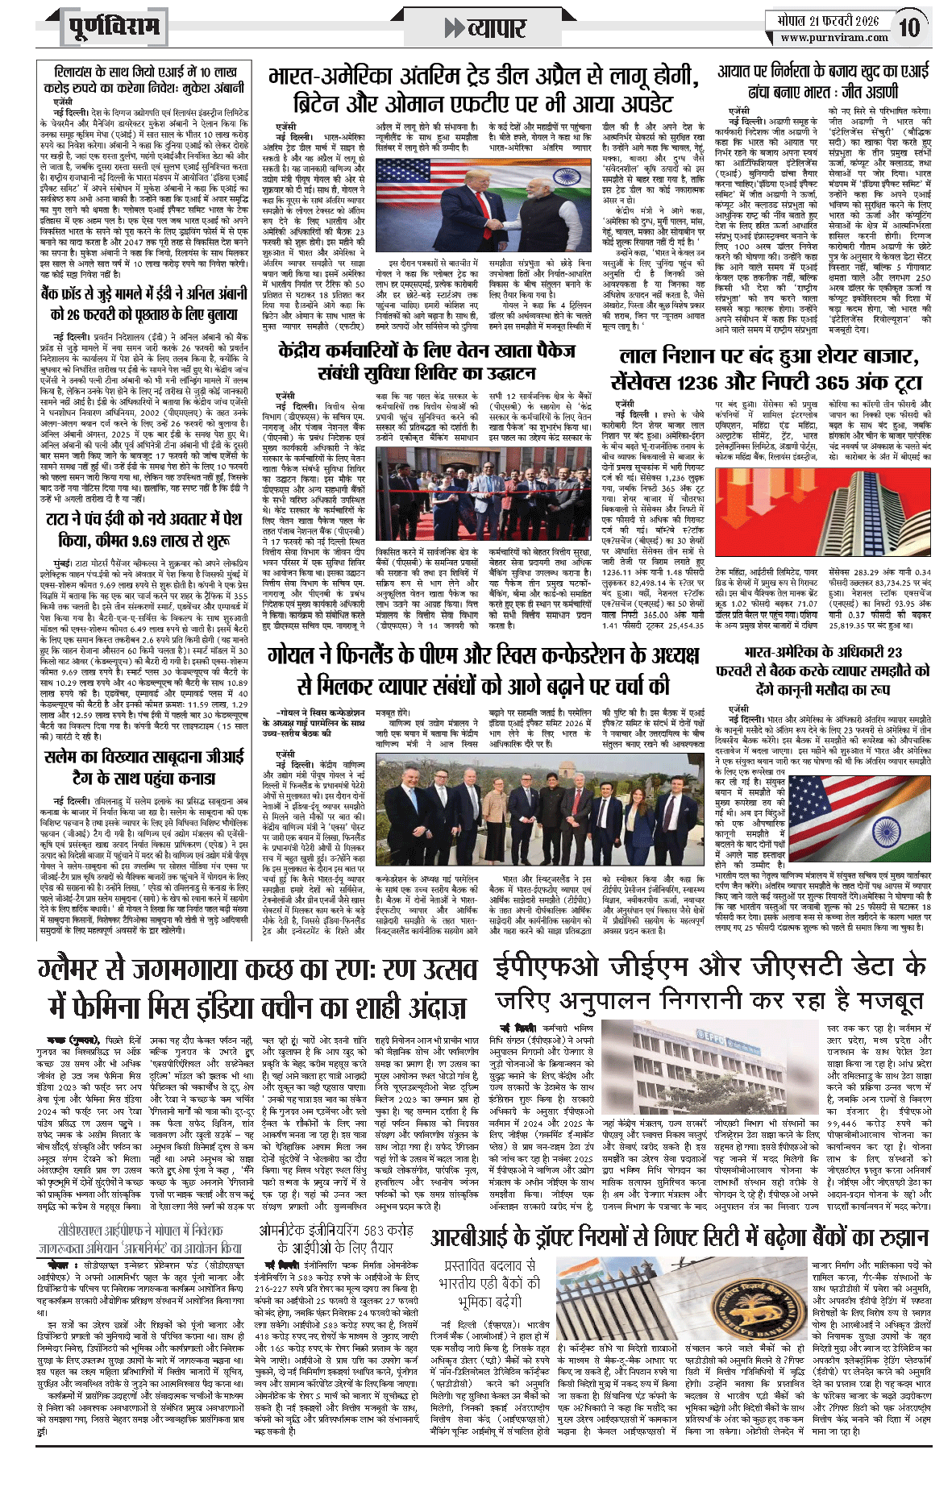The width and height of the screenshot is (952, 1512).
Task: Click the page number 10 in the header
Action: pos(908,27)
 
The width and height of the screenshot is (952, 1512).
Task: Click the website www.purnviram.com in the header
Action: pos(834,37)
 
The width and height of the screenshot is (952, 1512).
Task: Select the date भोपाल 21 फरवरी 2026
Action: pos(827,20)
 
